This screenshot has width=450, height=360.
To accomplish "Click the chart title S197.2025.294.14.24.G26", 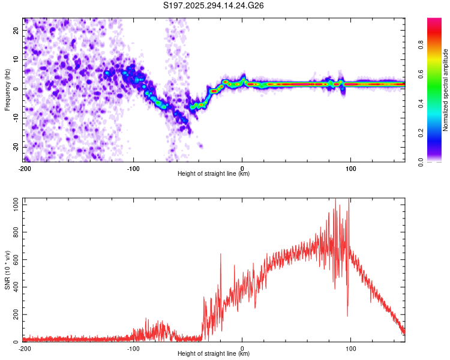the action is [213, 5].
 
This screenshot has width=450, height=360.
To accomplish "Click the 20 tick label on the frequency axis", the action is [16, 30].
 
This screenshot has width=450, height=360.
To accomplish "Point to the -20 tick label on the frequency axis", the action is [16, 147].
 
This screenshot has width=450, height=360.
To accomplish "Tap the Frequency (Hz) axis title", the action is [7, 89].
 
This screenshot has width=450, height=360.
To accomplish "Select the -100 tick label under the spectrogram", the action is [133, 169].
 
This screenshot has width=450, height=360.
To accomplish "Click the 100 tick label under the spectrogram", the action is [350, 169].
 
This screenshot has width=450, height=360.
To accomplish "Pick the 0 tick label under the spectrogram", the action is [242, 169].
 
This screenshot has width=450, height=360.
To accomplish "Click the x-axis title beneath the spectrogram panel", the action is [213, 173].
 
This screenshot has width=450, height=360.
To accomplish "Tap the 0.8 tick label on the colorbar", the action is [421, 45].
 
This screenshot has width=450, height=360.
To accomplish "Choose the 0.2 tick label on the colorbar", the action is [421, 133].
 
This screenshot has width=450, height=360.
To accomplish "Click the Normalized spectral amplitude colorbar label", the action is [445, 90].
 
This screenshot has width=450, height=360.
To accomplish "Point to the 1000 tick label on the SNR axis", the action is [16, 205].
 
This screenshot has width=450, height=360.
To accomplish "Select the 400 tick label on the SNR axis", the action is [16, 287].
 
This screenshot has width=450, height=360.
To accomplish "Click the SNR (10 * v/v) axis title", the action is [7, 270].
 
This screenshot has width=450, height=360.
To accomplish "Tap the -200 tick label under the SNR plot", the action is [25, 349].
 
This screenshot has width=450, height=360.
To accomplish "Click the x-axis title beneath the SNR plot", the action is [213, 353].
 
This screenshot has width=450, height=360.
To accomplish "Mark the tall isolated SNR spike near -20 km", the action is [221, 254].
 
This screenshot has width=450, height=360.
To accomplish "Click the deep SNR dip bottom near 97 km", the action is [347, 316].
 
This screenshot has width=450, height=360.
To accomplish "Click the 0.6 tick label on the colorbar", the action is [421, 74].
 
